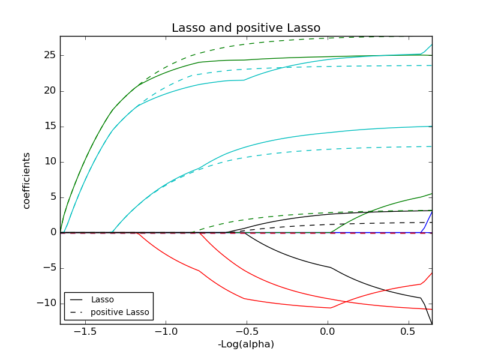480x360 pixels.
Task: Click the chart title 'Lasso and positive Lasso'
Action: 246,28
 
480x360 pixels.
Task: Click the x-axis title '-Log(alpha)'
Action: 246,344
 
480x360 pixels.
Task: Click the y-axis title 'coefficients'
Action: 26,180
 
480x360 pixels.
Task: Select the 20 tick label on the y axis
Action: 49,91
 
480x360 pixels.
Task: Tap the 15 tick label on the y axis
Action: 49,126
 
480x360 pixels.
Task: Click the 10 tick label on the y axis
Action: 49,161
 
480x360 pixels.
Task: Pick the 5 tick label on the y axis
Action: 52,197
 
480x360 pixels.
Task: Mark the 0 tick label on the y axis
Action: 52,232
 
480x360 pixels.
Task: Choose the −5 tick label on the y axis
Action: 49,268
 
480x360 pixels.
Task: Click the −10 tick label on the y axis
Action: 46,303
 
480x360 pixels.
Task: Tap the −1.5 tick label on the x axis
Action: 85,332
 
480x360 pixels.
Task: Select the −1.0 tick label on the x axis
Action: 166,332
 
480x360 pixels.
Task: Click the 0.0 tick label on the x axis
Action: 328,332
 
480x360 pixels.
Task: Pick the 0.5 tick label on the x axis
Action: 408,332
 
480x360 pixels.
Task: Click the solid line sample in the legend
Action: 77,299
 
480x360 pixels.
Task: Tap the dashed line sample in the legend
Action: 77,312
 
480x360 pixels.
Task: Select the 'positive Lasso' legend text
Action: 119,312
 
